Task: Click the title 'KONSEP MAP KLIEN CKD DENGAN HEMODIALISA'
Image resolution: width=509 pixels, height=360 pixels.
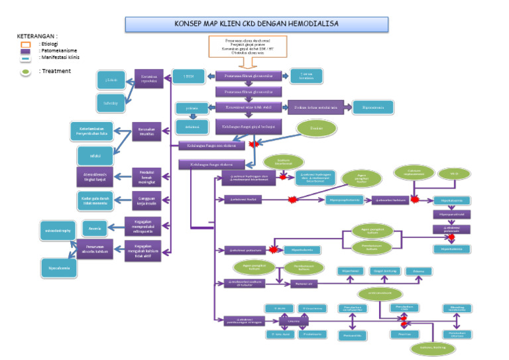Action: coord(255,24)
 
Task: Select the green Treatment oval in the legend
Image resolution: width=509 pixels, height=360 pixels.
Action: coord(25,71)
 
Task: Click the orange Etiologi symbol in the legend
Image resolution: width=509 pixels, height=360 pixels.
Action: coord(25,44)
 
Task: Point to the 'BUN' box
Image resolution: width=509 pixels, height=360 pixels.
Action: coord(188,76)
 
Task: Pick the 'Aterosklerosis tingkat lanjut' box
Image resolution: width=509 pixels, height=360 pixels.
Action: coord(95,176)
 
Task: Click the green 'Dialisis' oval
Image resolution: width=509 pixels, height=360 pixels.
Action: coord(315,128)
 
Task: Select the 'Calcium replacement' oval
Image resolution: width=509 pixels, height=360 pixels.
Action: coord(412,173)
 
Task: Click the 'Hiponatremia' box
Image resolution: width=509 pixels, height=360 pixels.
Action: coord(372,107)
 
